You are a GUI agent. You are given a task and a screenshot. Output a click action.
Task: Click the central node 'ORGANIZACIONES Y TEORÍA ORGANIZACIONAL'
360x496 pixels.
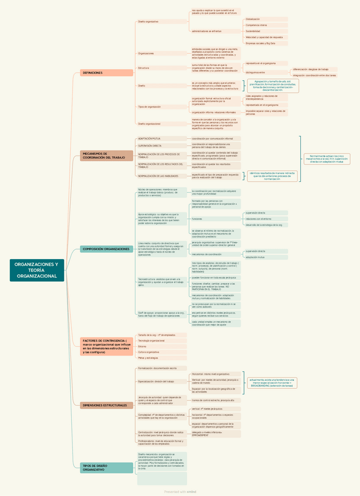coord(36,270)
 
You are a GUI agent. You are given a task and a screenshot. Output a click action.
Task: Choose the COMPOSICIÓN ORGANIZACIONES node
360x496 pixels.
coord(106,249)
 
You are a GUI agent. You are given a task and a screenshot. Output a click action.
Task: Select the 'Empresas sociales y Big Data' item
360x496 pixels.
coord(261,43)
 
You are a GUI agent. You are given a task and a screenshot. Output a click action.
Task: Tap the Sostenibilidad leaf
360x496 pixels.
coord(254,32)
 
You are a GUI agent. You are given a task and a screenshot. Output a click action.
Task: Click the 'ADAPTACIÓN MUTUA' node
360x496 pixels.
coord(150,139)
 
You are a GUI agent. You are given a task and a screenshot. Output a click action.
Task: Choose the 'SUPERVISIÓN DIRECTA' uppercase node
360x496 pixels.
coord(151,146)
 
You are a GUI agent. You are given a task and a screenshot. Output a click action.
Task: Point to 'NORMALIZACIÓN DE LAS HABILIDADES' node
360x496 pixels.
coord(159,175)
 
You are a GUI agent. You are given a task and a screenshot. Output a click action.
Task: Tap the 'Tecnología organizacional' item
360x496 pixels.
coord(152,340)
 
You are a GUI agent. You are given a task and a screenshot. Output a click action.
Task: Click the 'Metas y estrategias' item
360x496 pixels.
coord(148,357)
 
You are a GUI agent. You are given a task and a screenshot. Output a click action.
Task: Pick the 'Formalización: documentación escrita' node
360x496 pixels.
coord(158,368)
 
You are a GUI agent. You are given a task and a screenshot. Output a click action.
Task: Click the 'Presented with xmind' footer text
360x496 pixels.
coord(180,492)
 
